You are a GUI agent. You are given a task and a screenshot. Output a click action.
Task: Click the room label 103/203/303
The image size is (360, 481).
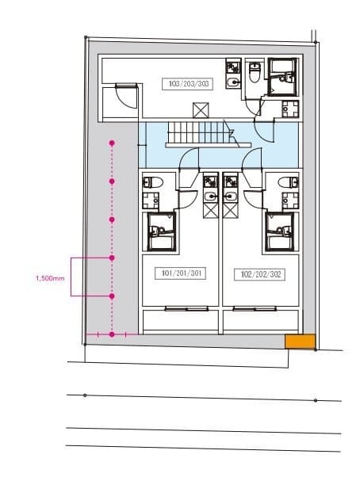click(187, 84)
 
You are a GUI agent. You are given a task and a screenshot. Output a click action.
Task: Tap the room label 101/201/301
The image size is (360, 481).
click(181, 273)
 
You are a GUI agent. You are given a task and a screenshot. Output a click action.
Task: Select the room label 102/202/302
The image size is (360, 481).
click(259, 274)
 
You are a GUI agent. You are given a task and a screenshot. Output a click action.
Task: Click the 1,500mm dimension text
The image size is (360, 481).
click(50, 279)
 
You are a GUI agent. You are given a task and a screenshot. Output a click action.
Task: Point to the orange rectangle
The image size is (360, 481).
click(301, 342)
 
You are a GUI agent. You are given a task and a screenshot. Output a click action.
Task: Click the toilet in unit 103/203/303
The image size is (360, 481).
click(255, 72)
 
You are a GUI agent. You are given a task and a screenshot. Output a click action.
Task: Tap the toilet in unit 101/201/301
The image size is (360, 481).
click(152, 182)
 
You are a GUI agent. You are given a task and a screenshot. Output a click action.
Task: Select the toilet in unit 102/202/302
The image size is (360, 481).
click(288, 182)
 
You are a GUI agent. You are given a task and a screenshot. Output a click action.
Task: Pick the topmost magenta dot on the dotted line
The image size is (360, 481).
click(112, 143)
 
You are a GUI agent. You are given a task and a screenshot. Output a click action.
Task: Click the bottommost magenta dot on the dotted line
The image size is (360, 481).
click(112, 334)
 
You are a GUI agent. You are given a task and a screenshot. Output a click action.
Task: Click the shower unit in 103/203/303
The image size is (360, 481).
click(282, 77)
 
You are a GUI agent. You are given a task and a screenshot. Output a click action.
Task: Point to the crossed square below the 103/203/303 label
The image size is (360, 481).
click(201, 110)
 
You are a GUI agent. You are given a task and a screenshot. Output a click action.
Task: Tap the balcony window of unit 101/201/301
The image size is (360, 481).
click(186, 308)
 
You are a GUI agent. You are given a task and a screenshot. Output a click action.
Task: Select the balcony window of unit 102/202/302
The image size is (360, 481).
click(255, 308)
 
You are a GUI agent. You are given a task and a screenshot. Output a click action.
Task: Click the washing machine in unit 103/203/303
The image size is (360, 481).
click(290, 109)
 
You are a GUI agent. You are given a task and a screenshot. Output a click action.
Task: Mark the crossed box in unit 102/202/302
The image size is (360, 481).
click(231, 211)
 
